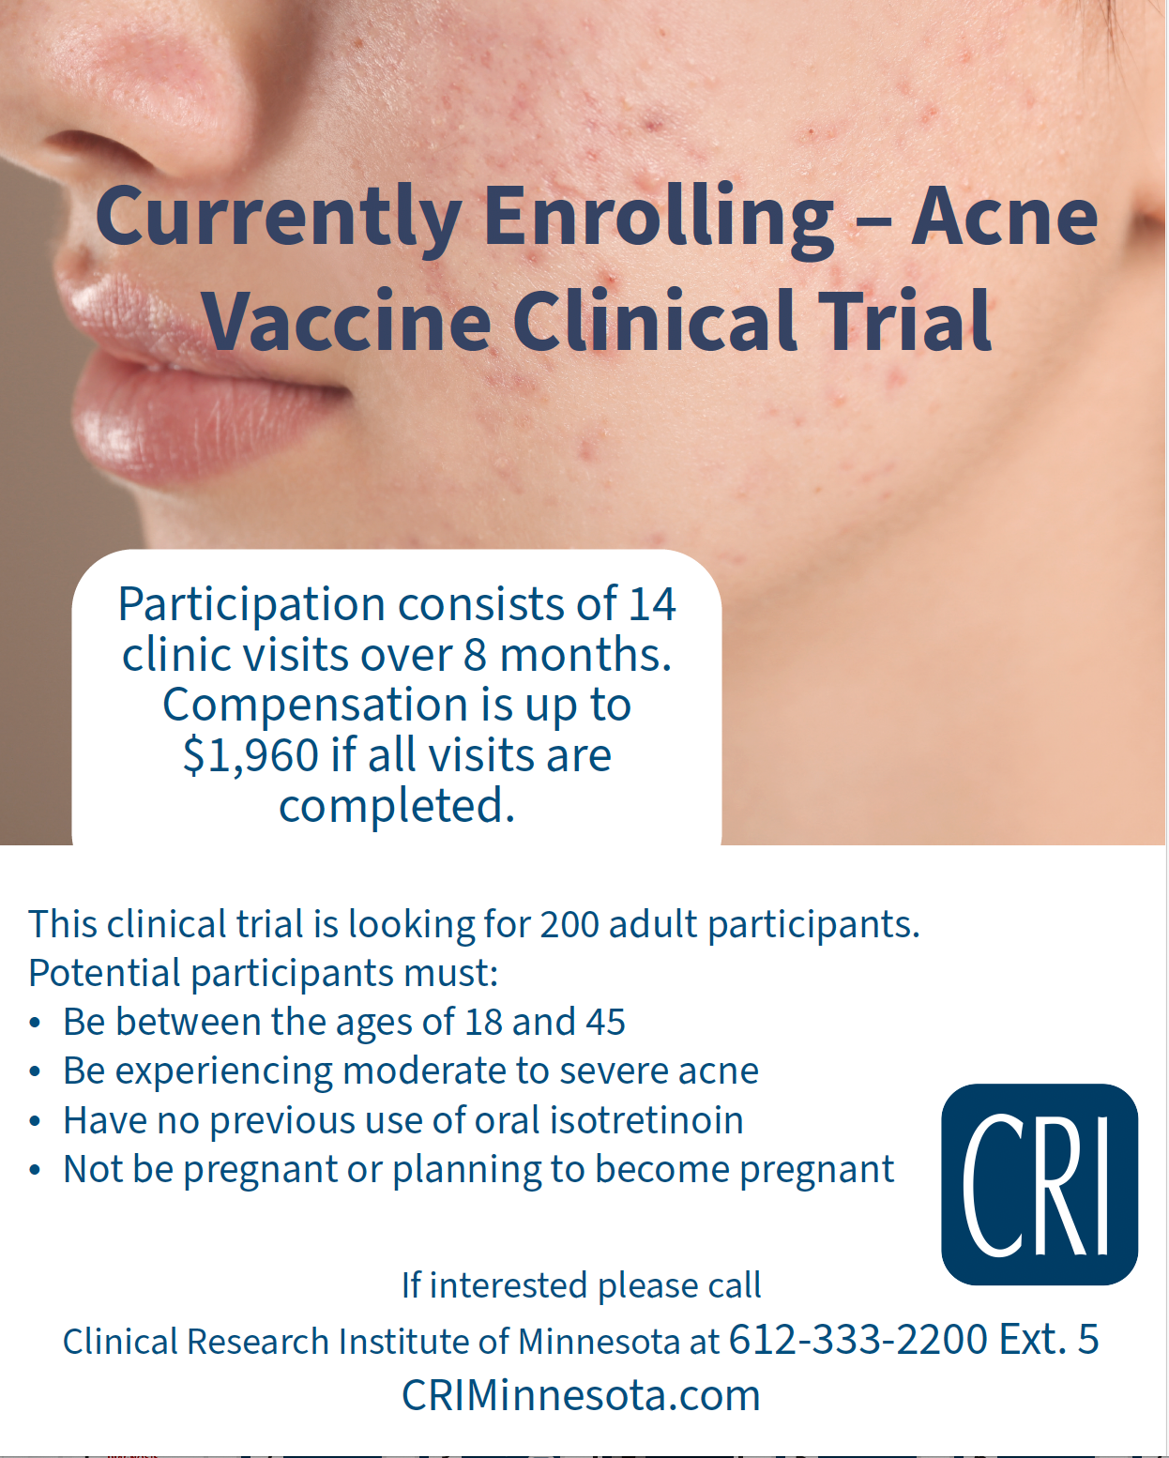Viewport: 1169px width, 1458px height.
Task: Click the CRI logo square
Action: [1039, 1184]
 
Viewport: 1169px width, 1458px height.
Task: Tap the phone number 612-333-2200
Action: [858, 1340]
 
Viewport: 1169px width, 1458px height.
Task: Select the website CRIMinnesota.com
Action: [581, 1396]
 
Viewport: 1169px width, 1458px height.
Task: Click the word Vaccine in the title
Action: [347, 321]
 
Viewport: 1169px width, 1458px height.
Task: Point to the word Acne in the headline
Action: [1004, 216]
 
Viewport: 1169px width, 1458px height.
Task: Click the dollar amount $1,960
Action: [250, 755]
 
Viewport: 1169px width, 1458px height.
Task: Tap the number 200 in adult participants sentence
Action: [569, 925]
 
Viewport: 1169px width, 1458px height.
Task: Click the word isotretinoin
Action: [646, 1120]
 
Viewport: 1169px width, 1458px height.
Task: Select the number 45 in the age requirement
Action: [605, 1023]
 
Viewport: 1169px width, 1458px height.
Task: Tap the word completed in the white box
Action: [397, 806]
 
